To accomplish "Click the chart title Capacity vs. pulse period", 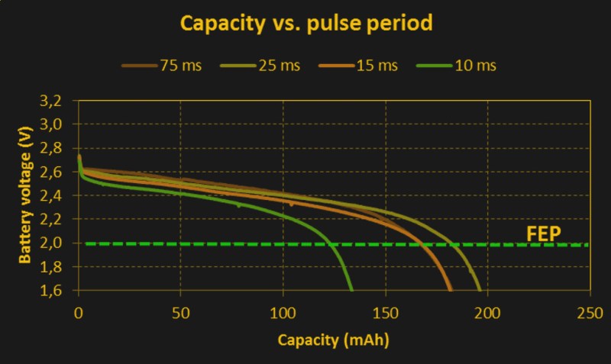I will [306, 24].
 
